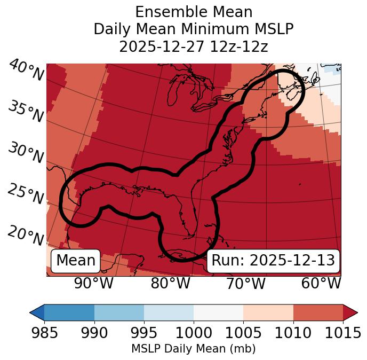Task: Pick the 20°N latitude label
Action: pos(26,235)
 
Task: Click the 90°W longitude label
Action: pos(93,283)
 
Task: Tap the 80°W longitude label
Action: pos(170,283)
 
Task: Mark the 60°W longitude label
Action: pos(321,283)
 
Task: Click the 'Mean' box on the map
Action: pos(76,261)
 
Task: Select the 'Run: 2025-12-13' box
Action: pos(273,261)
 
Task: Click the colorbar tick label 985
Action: pos(44,333)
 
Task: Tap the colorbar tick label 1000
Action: pos(194,333)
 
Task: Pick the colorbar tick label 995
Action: pos(144,333)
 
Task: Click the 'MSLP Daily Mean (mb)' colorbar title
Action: pos(193,349)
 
